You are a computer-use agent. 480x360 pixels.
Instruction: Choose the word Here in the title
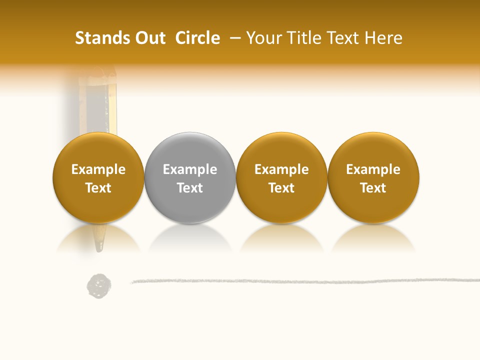pyautogui.click(x=383, y=38)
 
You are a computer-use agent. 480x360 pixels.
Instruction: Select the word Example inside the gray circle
pyautogui.click(x=190, y=169)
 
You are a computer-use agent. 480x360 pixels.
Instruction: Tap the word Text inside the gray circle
pyautogui.click(x=190, y=188)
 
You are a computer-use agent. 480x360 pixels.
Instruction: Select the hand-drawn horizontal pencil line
pyautogui.click(x=300, y=281)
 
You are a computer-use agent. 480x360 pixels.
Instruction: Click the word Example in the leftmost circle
pyautogui.click(x=98, y=169)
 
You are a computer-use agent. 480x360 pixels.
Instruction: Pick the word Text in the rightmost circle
pyautogui.click(x=373, y=188)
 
